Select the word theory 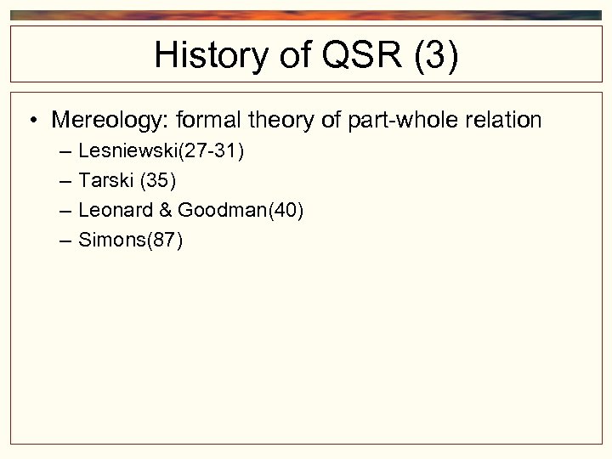tap(277, 121)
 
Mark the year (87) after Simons tap(165, 241)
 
